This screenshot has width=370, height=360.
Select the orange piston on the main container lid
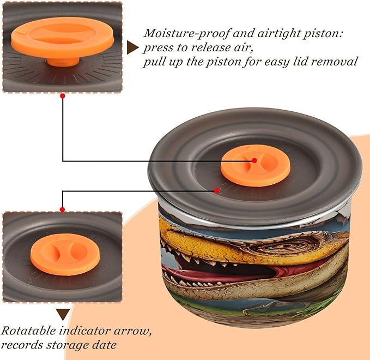coord(256,166)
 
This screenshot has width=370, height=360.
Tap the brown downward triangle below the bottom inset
coord(63,314)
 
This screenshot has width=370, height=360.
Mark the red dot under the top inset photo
coord(63,96)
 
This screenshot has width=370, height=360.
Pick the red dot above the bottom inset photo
coord(63,209)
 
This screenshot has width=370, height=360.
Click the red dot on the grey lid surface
coord(217,191)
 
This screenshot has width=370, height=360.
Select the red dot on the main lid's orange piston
coord(254,160)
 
